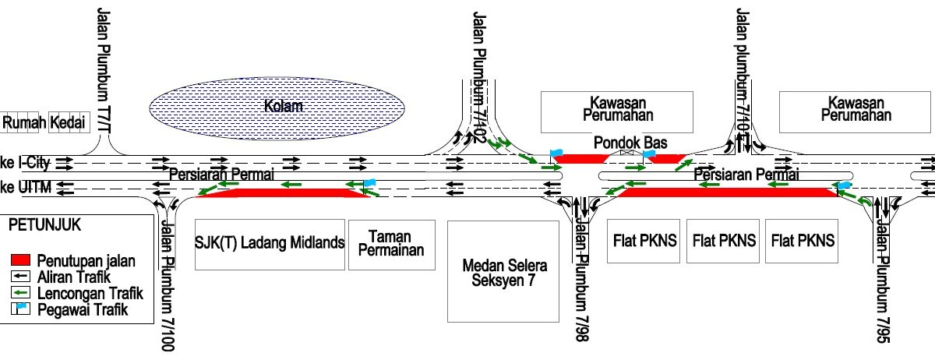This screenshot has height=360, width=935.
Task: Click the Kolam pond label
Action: (x=283, y=106)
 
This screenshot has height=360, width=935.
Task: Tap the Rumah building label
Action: (x=23, y=122)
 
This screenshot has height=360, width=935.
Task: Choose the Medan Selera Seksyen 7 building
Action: (x=503, y=272)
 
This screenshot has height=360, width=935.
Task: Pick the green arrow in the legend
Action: (x=23, y=294)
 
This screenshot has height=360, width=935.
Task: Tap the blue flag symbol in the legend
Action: (x=23, y=310)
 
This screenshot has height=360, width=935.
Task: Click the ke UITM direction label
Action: (x=24, y=189)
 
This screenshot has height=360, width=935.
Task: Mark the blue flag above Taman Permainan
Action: (x=369, y=184)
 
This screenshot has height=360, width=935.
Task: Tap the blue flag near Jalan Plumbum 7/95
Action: (x=844, y=186)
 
